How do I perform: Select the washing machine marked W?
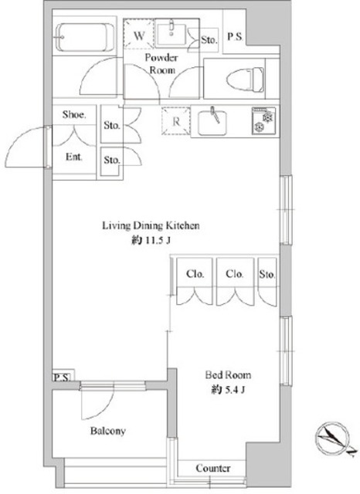(141, 36)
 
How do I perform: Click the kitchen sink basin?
(213, 120)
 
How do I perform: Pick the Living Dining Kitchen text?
(151, 226)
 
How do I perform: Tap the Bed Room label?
(228, 376)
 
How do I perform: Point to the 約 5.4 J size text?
(228, 391)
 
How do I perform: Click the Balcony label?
(107, 431)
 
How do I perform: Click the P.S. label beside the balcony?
(60, 377)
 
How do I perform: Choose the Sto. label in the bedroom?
(267, 273)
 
